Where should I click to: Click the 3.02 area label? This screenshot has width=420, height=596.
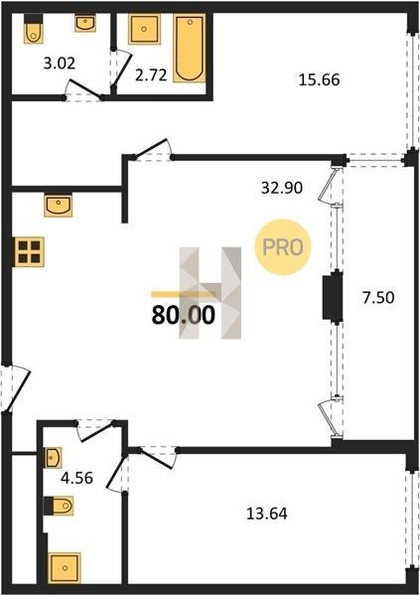coord(59,64)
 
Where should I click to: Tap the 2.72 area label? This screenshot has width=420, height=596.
coord(151,75)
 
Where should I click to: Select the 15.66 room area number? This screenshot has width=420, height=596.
coord(320,80)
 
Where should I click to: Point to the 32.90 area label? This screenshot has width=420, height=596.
coord(282,188)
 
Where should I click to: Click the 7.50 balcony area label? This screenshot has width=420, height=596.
coord(378,297)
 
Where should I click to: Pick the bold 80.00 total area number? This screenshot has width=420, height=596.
coord(184,316)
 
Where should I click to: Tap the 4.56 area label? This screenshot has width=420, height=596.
coord(77,478)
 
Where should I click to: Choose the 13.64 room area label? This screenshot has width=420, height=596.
coord(267,514)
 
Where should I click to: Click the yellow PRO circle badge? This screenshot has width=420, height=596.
coord(283,247)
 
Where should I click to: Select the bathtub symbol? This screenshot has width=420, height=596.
coord(190,49)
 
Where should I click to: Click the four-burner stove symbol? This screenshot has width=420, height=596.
coord(29,252)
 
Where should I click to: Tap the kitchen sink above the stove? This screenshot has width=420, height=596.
coord(59,206)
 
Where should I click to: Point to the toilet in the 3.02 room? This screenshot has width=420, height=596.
coord(34,29)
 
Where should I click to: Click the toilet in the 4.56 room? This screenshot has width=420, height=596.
coord(59,506)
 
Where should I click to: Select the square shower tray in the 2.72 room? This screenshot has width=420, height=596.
coord(144,29)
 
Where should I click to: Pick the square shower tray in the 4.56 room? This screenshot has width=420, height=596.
coord(65,568)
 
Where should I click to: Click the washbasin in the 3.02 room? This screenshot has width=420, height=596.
coord(85,23)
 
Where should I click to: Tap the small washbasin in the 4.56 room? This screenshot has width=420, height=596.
coord(53,458)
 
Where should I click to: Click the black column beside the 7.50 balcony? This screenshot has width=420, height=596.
coord(333,297)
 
